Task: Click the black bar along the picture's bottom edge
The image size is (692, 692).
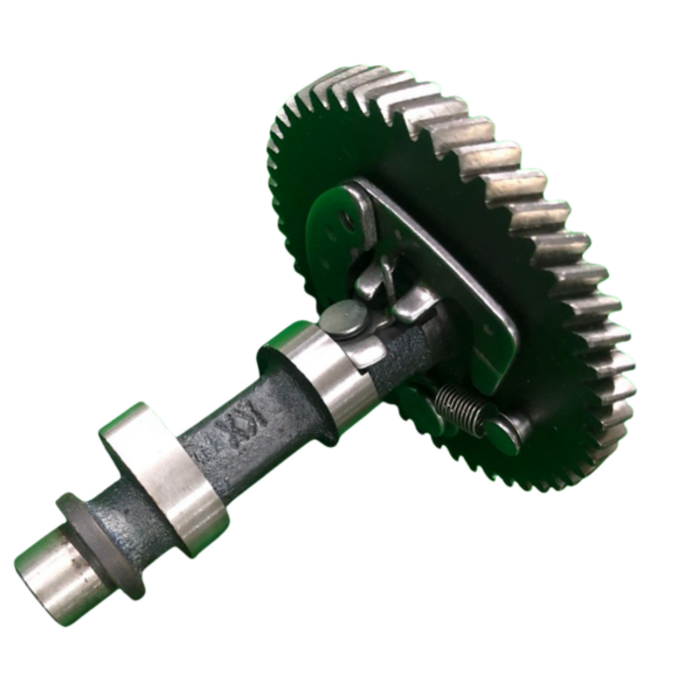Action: point(346,662)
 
